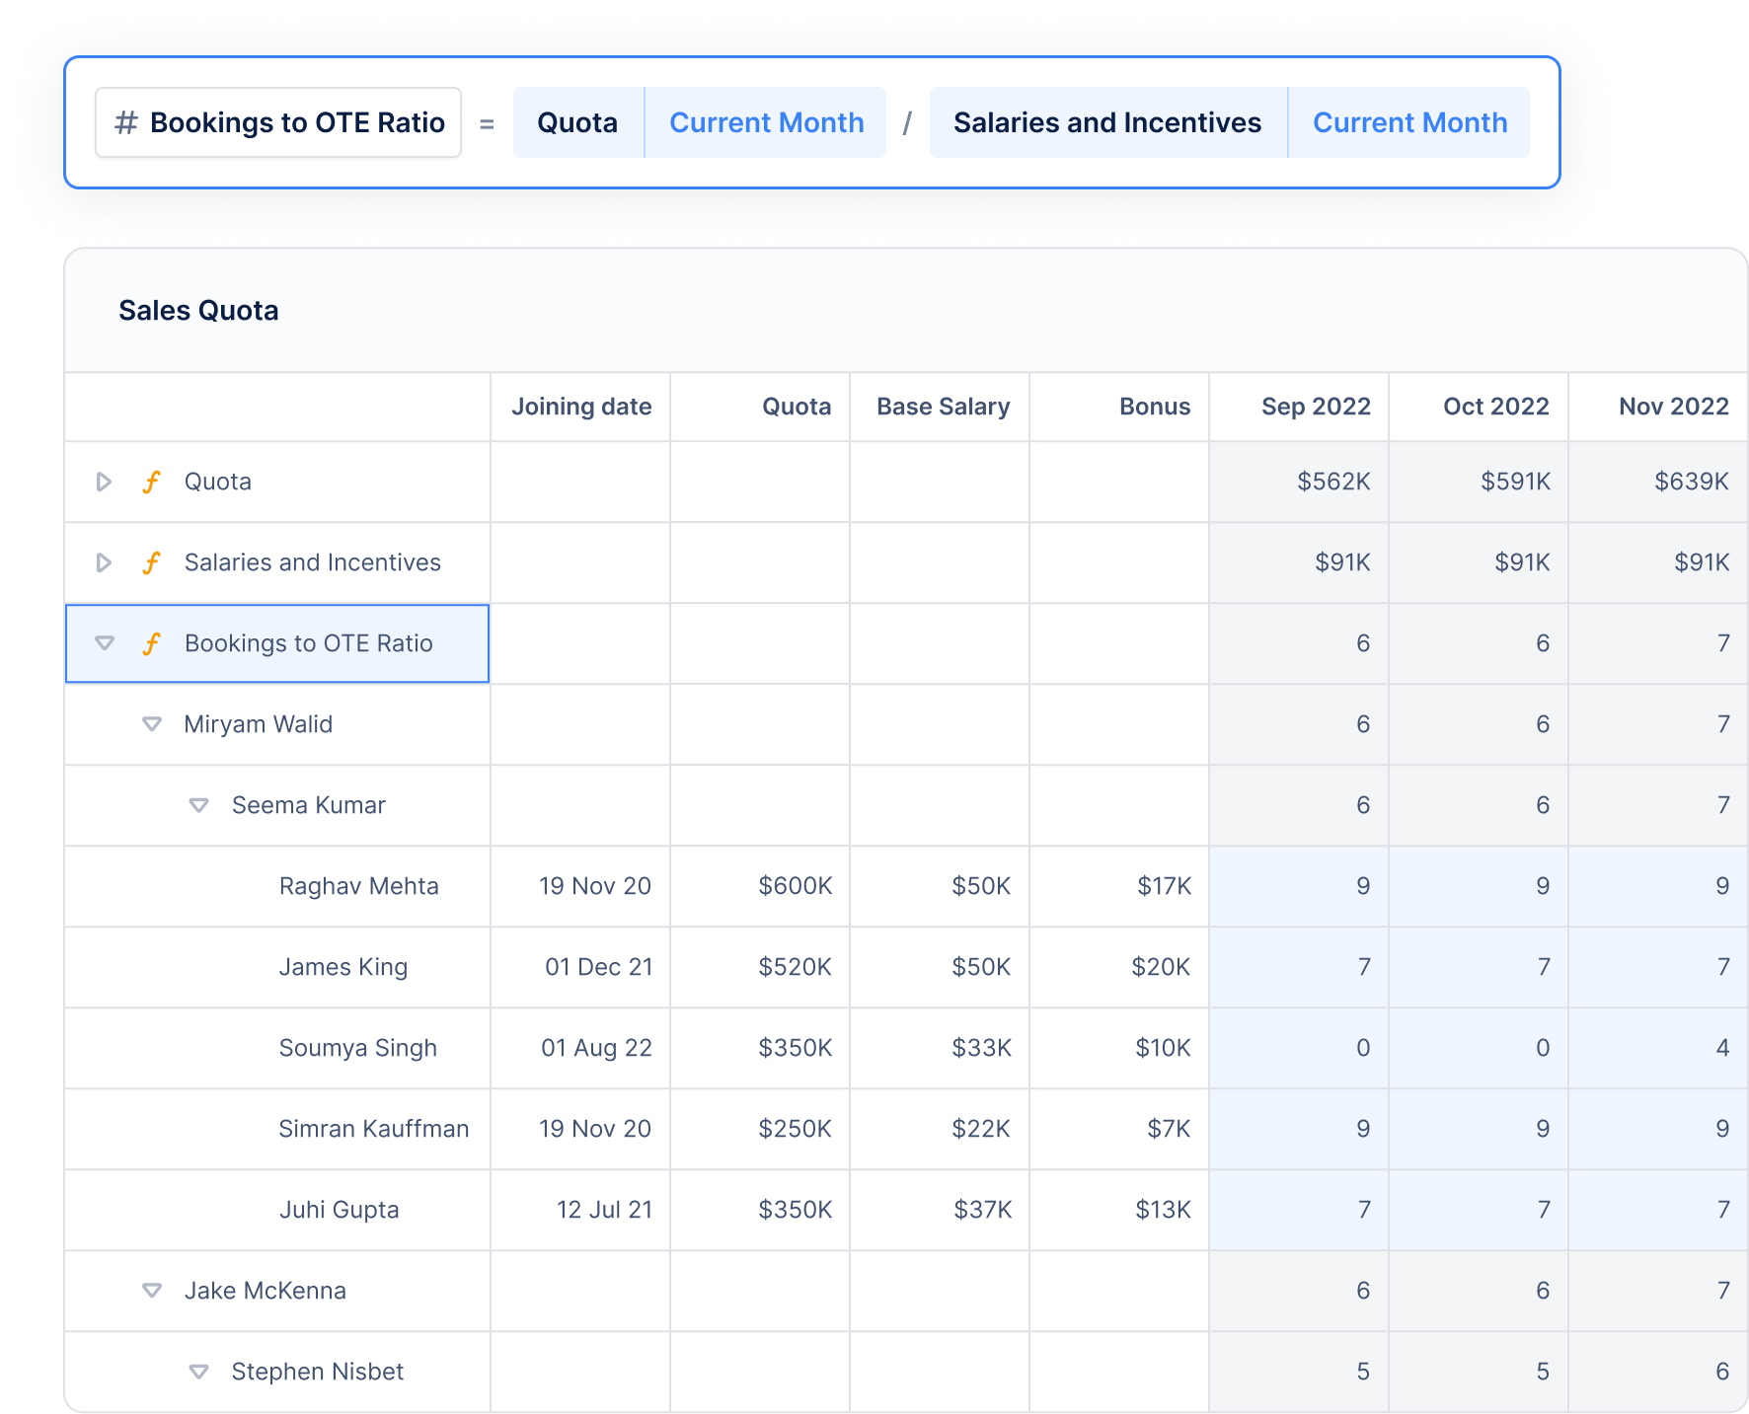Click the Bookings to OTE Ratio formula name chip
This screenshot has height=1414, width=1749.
pyautogui.click(x=278, y=122)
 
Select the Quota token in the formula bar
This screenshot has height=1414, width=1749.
pyautogui.click(x=577, y=122)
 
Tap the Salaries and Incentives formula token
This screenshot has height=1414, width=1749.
pyautogui.click(x=1106, y=122)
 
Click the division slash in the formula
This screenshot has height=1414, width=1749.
pyautogui.click(x=907, y=123)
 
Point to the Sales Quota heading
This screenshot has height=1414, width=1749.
pyautogui.click(x=198, y=311)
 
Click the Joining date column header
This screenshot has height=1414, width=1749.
pyautogui.click(x=581, y=407)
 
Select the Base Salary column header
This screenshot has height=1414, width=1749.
pyautogui.click(x=943, y=407)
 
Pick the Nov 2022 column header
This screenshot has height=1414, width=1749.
pyautogui.click(x=1673, y=407)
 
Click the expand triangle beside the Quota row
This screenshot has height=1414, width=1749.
pyautogui.click(x=104, y=482)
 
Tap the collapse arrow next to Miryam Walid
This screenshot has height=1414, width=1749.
pyautogui.click(x=152, y=724)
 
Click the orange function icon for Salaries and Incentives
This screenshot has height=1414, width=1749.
pyautogui.click(x=151, y=562)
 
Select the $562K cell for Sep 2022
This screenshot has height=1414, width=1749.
pyautogui.click(x=1332, y=482)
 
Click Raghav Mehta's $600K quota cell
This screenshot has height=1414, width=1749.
pyautogui.click(x=795, y=886)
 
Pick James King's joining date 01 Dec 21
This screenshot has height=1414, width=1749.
pyautogui.click(x=598, y=967)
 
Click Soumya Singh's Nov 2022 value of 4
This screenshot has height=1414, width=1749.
pyautogui.click(x=1721, y=1048)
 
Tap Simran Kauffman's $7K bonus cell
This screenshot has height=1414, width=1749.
pyautogui.click(x=1169, y=1129)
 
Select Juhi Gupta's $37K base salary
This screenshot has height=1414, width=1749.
pyautogui.click(x=982, y=1210)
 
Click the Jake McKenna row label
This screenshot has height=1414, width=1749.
pyautogui.click(x=265, y=1291)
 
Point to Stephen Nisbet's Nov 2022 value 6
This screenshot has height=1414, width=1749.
pyautogui.click(x=1721, y=1372)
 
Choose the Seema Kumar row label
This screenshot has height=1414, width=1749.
pyautogui.click(x=308, y=805)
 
